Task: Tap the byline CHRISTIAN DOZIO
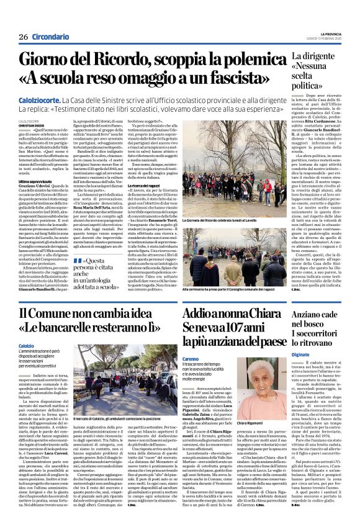(30, 125)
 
